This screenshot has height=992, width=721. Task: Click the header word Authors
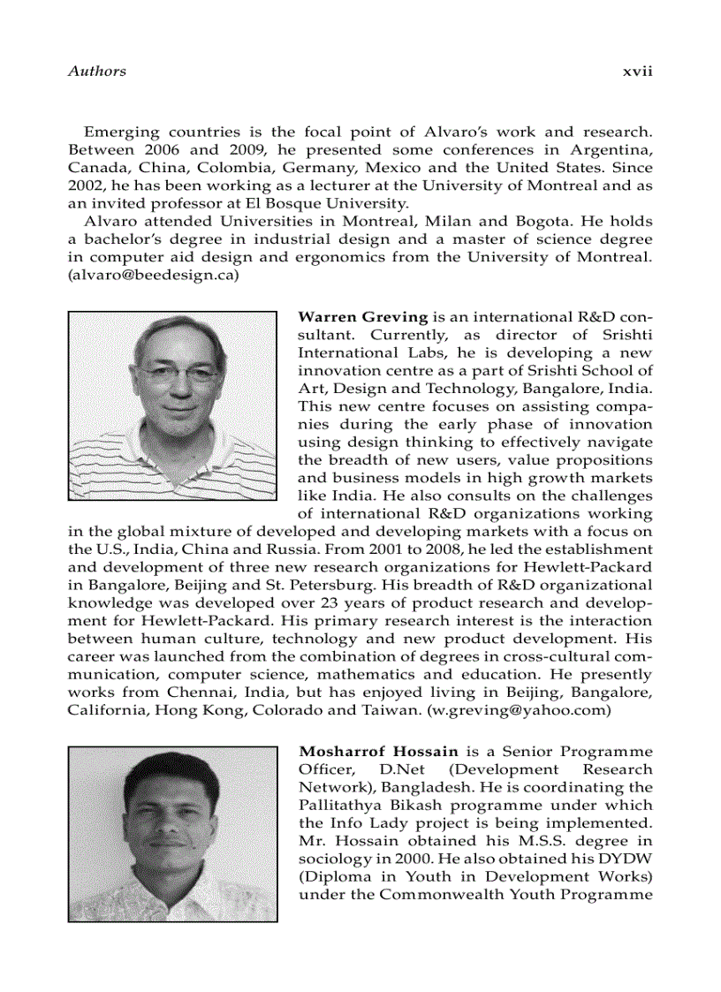point(96,71)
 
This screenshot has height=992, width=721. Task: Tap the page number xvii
point(636,71)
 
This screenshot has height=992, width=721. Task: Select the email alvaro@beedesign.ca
point(154,274)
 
